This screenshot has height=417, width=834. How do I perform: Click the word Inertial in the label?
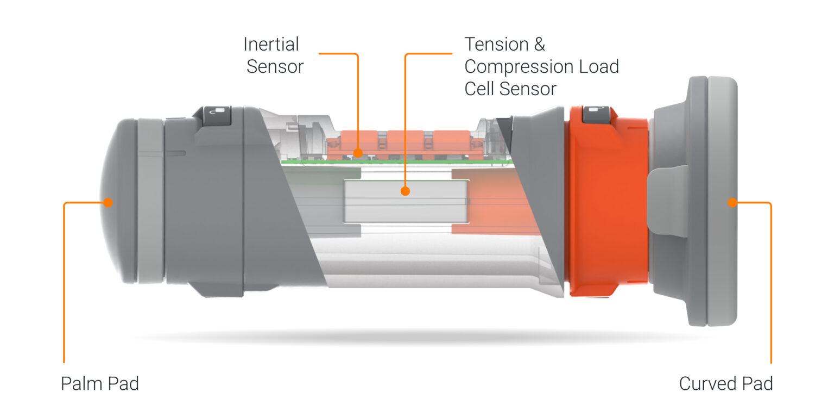click(x=271, y=45)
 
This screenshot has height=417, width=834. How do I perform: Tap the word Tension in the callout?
click(x=497, y=45)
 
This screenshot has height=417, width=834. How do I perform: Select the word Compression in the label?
click(x=519, y=67)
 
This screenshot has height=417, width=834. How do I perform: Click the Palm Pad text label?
click(x=100, y=383)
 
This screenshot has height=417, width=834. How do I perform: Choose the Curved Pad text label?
click(x=725, y=383)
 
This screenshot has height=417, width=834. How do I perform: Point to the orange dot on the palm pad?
click(x=108, y=202)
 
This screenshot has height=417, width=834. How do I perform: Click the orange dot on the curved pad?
click(x=732, y=202)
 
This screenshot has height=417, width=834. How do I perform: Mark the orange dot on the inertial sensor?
click(x=358, y=153)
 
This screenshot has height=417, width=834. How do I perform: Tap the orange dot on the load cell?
click(x=405, y=191)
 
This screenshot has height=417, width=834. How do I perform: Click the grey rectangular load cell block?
click(x=406, y=202)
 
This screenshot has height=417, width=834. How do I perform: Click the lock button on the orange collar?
click(x=596, y=114)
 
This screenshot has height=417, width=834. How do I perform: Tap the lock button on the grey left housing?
click(x=217, y=115)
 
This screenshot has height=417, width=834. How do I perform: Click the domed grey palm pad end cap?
click(x=118, y=201)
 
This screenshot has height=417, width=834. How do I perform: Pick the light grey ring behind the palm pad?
click(x=151, y=201)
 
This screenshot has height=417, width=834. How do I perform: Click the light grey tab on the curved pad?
click(x=668, y=201)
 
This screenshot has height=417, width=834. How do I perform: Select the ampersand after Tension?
click(x=540, y=45)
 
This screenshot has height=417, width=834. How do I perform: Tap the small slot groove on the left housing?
click(x=175, y=153)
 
